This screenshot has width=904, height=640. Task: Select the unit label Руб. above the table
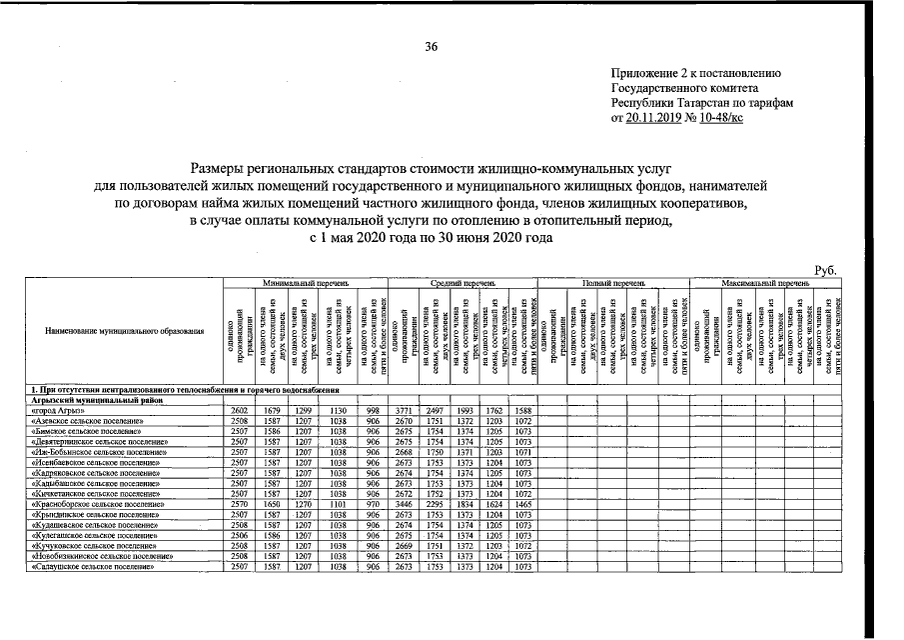click(x=827, y=270)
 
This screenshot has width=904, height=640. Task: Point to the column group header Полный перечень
click(x=613, y=283)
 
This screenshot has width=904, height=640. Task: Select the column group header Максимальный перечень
click(x=767, y=283)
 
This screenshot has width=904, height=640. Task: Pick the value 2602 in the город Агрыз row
click(x=240, y=411)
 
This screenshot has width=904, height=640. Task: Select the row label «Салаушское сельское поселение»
click(x=92, y=567)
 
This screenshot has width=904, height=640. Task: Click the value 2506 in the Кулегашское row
click(x=240, y=536)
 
